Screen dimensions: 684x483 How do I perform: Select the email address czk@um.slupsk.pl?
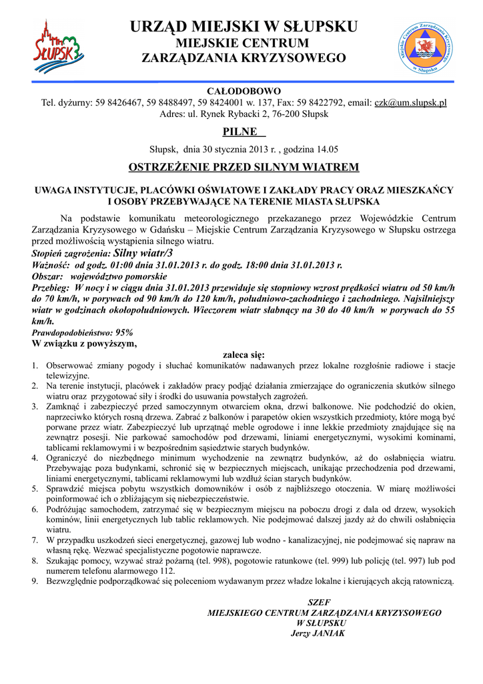[410, 103]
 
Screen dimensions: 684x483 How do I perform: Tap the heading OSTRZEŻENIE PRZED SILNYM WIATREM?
[244, 166]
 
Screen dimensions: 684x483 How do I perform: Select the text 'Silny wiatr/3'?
[143, 253]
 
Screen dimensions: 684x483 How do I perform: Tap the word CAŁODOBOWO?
[244, 91]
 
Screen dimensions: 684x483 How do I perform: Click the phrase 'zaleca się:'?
[243, 355]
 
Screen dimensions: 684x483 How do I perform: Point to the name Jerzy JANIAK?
[318, 633]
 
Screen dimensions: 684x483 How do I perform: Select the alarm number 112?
[167, 571]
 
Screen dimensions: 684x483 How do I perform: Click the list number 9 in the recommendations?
[35, 582]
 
